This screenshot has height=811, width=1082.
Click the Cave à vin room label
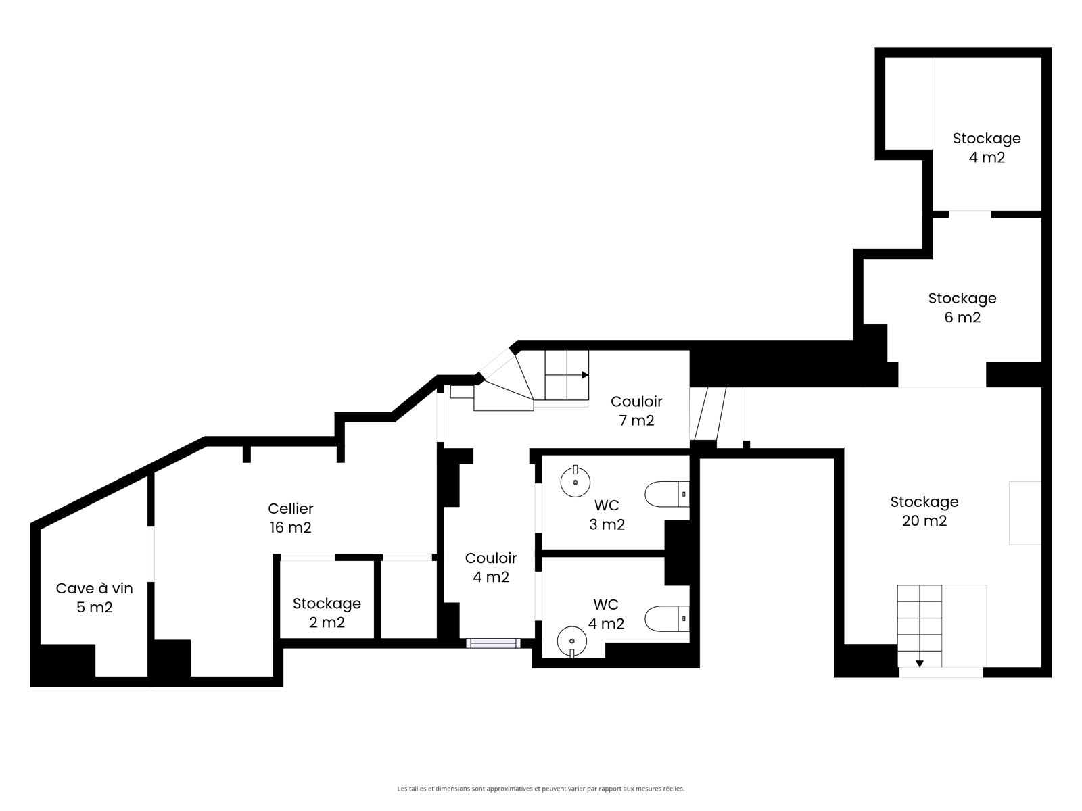point(94,597)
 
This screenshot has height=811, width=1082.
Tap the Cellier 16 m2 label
point(290,518)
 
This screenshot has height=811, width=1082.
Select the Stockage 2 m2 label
point(327,612)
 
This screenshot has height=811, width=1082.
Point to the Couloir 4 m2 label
point(491,567)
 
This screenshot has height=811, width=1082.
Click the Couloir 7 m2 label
point(636,411)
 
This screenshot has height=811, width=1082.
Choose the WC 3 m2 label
point(607,514)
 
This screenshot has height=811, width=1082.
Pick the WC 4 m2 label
point(607,614)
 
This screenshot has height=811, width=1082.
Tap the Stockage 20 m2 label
point(924,511)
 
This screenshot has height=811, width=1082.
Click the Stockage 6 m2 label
point(962,308)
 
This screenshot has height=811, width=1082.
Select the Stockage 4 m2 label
point(987,148)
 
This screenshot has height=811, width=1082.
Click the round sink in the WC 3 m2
point(575,482)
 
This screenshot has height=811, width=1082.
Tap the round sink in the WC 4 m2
point(572,641)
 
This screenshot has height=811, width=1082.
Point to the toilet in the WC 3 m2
point(667,494)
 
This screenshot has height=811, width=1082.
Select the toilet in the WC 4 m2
point(667,618)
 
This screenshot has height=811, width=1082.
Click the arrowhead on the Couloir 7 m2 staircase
point(585,375)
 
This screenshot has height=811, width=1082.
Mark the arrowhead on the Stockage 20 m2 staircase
point(920,664)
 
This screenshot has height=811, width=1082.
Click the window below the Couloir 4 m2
point(494,643)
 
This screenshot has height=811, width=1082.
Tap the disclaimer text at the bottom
point(541,789)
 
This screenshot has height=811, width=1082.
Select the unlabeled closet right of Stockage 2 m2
point(409,599)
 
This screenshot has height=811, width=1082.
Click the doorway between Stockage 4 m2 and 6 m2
point(970,214)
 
